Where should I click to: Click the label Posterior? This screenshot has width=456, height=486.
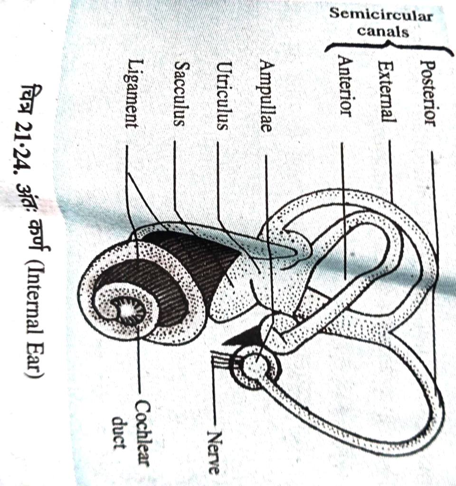(429, 93)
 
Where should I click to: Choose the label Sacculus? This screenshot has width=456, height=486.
(179, 94)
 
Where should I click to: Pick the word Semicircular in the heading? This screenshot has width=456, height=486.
(381, 15)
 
